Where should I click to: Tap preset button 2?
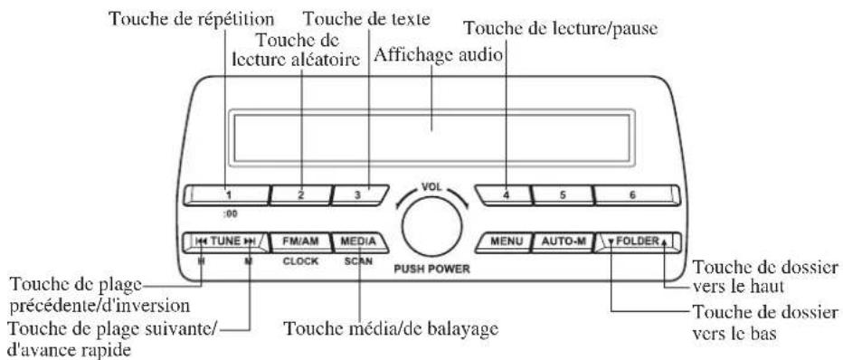[301, 194]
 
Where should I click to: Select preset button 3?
[357, 194]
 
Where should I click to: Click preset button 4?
[505, 194]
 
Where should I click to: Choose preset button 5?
[561, 194]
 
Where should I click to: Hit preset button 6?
[632, 194]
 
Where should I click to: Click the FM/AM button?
[299, 242]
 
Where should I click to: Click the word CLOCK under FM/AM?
[299, 261]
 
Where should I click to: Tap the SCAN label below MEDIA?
[358, 261]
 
